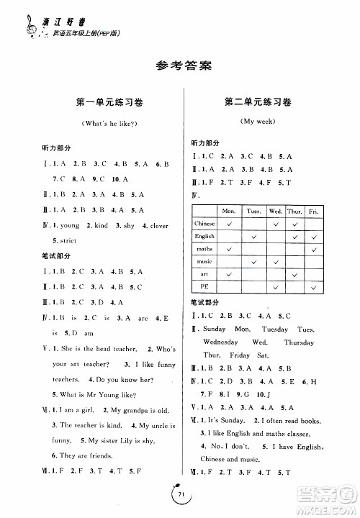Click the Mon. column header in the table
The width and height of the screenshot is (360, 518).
pyautogui.click(x=229, y=211)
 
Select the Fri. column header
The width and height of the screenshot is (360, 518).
pyautogui.click(x=313, y=211)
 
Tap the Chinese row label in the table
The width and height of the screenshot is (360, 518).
pyautogui.click(x=204, y=224)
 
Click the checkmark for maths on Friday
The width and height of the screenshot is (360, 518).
pyautogui.click(x=313, y=249)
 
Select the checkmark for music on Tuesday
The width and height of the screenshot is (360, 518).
pyautogui.click(x=253, y=261)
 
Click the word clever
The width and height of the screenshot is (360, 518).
pyautogui.click(x=159, y=226)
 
